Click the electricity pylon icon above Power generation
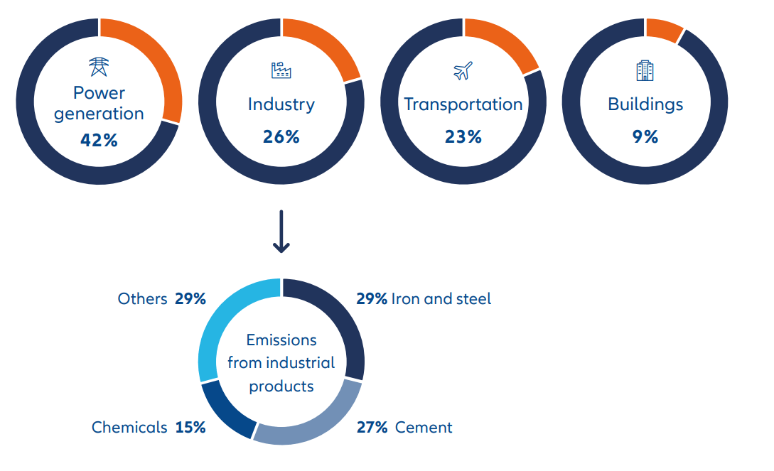tap(99, 67)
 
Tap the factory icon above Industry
tap(281, 70)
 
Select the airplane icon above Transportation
tap(463, 71)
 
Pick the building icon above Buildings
tap(645, 70)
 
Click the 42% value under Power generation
tap(99, 140)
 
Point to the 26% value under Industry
tap(281, 136)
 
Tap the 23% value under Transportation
tap(463, 136)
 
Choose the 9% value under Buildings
tap(645, 136)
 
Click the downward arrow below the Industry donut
tap(281, 232)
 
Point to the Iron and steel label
tap(441, 299)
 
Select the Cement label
tap(424, 427)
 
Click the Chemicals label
tap(129, 427)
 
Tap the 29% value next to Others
tap(190, 299)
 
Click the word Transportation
tap(463, 104)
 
